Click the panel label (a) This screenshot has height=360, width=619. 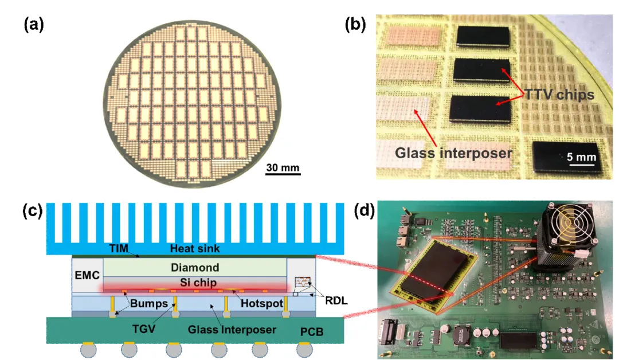(x=34, y=25)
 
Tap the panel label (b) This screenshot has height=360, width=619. (x=355, y=25)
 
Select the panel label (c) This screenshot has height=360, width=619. (x=32, y=211)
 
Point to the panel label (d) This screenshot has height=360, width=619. (x=364, y=211)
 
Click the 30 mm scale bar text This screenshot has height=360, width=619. (x=283, y=168)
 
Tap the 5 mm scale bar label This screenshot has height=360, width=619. (x=582, y=157)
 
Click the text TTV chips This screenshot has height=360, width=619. (x=559, y=95)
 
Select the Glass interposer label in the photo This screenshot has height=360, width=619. (x=453, y=153)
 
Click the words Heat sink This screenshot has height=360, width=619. (x=195, y=248)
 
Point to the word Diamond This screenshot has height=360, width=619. (x=195, y=268)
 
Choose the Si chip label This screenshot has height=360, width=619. (x=198, y=283)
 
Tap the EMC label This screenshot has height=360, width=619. (x=87, y=275)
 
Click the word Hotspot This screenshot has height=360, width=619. (x=262, y=304)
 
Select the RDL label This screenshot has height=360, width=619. (x=336, y=301)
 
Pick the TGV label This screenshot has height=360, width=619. (x=144, y=329)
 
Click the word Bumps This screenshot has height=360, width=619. (x=149, y=304)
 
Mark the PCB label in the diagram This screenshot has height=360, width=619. (x=312, y=332)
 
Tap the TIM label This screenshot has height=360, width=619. (x=119, y=248)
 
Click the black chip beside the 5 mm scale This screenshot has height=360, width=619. (x=567, y=157)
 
